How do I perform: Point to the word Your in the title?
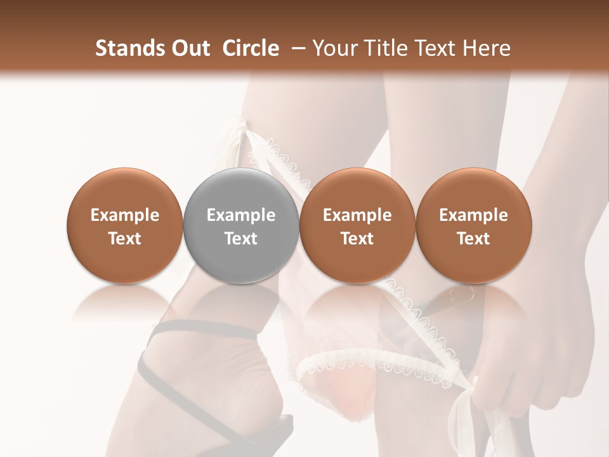tap(335, 48)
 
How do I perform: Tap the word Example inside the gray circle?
tap(241, 215)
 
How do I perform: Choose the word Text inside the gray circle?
tap(241, 239)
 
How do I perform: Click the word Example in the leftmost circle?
tap(124, 215)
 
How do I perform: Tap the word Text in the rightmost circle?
tap(473, 239)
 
